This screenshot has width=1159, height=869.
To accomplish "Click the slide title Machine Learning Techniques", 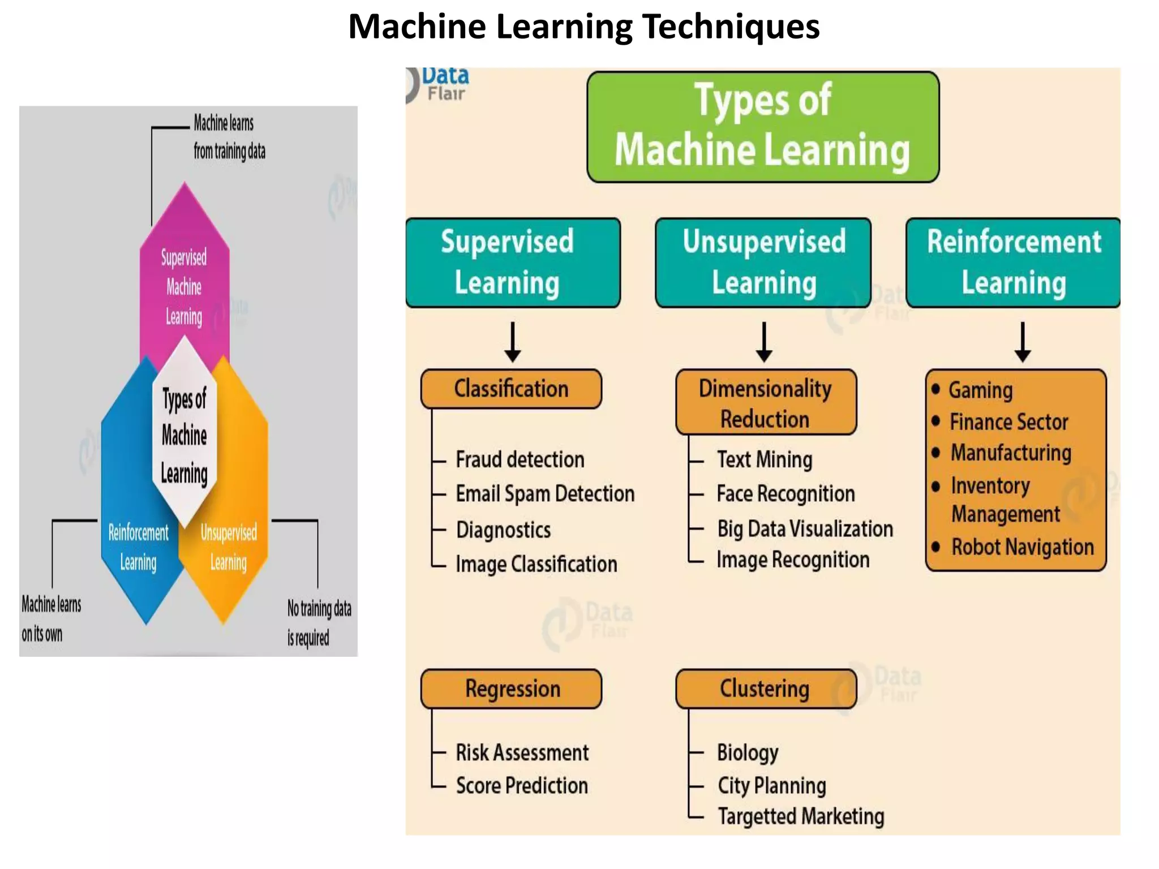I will point(583,27).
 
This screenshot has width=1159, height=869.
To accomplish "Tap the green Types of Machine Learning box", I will point(763,127).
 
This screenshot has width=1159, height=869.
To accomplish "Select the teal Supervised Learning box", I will point(513,263).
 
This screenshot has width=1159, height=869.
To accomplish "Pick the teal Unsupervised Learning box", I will point(763,263).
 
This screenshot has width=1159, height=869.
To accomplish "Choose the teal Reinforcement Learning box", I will point(1013,263).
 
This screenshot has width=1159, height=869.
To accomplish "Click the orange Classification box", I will point(511,389).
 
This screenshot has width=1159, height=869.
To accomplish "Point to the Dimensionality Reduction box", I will point(766,403).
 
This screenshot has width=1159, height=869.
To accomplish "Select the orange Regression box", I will point(511,689).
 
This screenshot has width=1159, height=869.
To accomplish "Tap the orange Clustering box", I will point(766,689).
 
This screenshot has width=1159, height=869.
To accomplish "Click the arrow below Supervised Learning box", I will point(513,342).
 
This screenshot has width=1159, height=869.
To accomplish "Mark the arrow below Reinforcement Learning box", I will point(1022,342).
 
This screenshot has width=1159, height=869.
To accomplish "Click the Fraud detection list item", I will point(520,459).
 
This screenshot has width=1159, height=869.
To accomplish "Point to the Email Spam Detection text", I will point(545,494).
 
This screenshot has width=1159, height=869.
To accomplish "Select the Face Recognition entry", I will point(785,494).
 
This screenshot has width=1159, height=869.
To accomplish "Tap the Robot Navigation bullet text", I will point(1022,547).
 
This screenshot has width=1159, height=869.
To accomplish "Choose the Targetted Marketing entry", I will point(801,816).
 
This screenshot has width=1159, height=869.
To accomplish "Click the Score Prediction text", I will point(522,785).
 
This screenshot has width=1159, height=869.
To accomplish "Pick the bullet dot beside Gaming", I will point(935,389).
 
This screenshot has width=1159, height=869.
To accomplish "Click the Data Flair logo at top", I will point(439,85).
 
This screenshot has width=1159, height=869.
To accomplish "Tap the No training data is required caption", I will point(319,623).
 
